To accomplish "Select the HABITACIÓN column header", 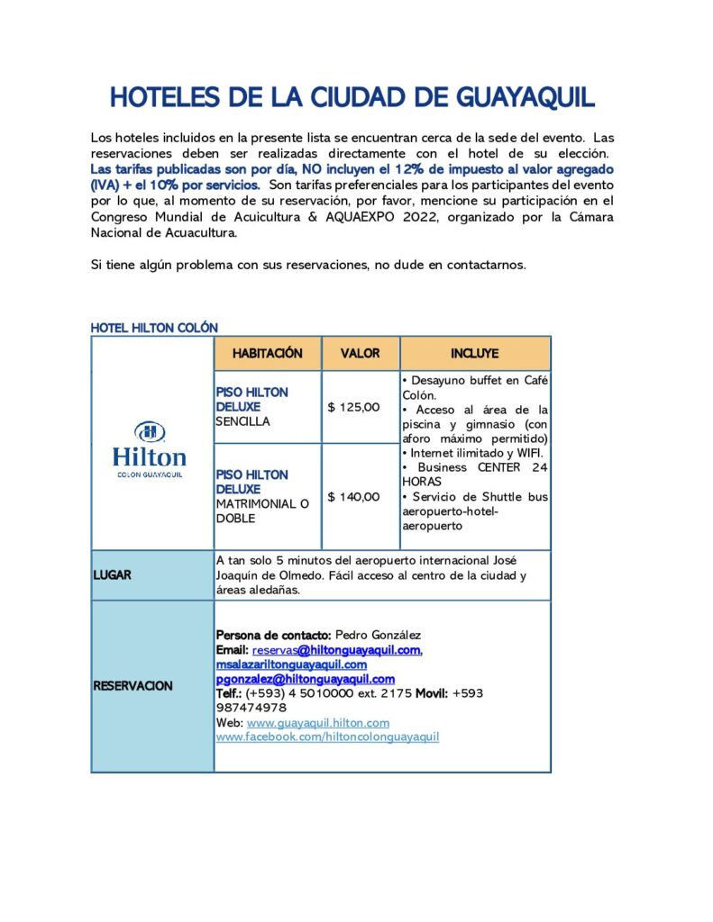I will point(267,353).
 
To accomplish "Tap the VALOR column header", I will point(360,353).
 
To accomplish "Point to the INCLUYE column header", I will point(474,353).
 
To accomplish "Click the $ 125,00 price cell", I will point(353,407).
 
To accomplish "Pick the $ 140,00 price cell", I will point(353,496).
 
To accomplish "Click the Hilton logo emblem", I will point(150,431).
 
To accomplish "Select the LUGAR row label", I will point(112,574).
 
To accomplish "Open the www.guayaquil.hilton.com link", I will point(317,723).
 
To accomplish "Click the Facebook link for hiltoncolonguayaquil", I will point(327,737).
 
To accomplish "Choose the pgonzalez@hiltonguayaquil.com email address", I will point(306,679).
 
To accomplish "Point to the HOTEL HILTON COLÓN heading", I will point(154,328).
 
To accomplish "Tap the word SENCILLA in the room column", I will point(242,421).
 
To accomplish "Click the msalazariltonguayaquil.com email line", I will point(291,664).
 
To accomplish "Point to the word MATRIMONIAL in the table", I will point(256,503).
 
